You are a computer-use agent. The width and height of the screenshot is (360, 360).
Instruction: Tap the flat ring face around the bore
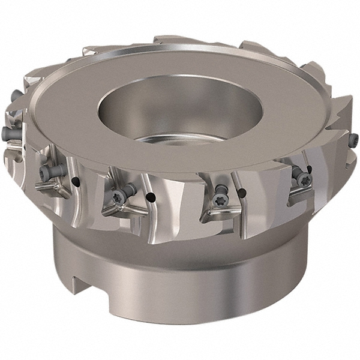(x=90, y=120)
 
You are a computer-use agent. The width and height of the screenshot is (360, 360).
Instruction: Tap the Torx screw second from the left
(x=45, y=172)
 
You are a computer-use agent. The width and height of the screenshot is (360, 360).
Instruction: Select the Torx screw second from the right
(x=298, y=178)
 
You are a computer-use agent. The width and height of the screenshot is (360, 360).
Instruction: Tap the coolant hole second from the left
(x=152, y=197)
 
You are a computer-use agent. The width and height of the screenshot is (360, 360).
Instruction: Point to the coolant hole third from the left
(x=241, y=193)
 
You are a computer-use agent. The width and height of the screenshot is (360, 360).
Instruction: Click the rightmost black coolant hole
(x=309, y=170)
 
